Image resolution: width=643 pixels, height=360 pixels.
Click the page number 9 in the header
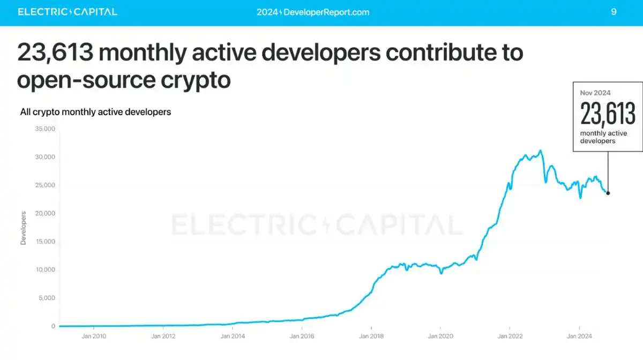pyautogui.click(x=614, y=12)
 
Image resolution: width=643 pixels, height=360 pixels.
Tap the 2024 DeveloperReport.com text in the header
pyautogui.click(x=313, y=12)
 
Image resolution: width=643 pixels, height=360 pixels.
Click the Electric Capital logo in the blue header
pyautogui.click(x=68, y=12)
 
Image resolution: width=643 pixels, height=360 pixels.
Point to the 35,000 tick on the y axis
pyautogui.click(x=45, y=129)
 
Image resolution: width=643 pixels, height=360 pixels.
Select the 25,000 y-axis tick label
pyautogui.click(x=45, y=185)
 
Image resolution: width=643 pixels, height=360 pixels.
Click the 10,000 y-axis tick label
pyautogui.click(x=45, y=269)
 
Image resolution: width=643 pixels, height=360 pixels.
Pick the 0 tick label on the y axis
pyautogui.click(x=53, y=326)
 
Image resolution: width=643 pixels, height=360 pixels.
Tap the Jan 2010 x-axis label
pyautogui.click(x=94, y=336)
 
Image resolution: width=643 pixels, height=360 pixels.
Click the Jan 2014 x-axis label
pyautogui.click(x=233, y=336)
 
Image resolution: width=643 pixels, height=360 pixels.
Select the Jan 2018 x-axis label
pyautogui.click(x=371, y=336)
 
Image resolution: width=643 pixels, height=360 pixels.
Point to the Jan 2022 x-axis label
pyautogui.click(x=510, y=336)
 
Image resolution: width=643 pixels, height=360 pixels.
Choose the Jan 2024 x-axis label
pyautogui.click(x=579, y=336)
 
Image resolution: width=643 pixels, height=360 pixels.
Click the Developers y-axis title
pyautogui.click(x=24, y=228)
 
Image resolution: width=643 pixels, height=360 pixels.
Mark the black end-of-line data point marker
pyautogui.click(x=608, y=193)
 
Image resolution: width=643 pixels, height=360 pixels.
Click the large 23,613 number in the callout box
pyautogui.click(x=608, y=114)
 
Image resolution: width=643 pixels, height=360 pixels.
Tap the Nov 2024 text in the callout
pyautogui.click(x=595, y=93)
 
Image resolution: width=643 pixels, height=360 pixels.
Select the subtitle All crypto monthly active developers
pyautogui.click(x=95, y=112)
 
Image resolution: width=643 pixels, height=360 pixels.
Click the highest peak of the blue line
pyautogui.click(x=540, y=151)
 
